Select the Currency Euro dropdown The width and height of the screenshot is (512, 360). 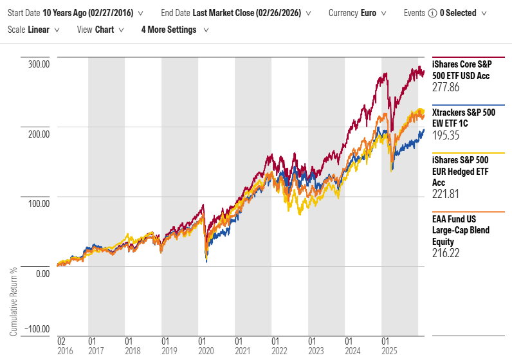pos(357,13)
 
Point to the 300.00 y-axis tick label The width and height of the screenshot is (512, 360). pos(38,64)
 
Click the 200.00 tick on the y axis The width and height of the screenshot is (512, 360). pos(38,134)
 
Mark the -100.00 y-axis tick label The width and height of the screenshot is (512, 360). pos(37,328)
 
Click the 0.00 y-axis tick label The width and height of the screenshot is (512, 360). pos(42,273)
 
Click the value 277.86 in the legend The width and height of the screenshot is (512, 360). pos(446,87)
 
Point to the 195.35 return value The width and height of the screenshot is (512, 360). pos(446,136)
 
